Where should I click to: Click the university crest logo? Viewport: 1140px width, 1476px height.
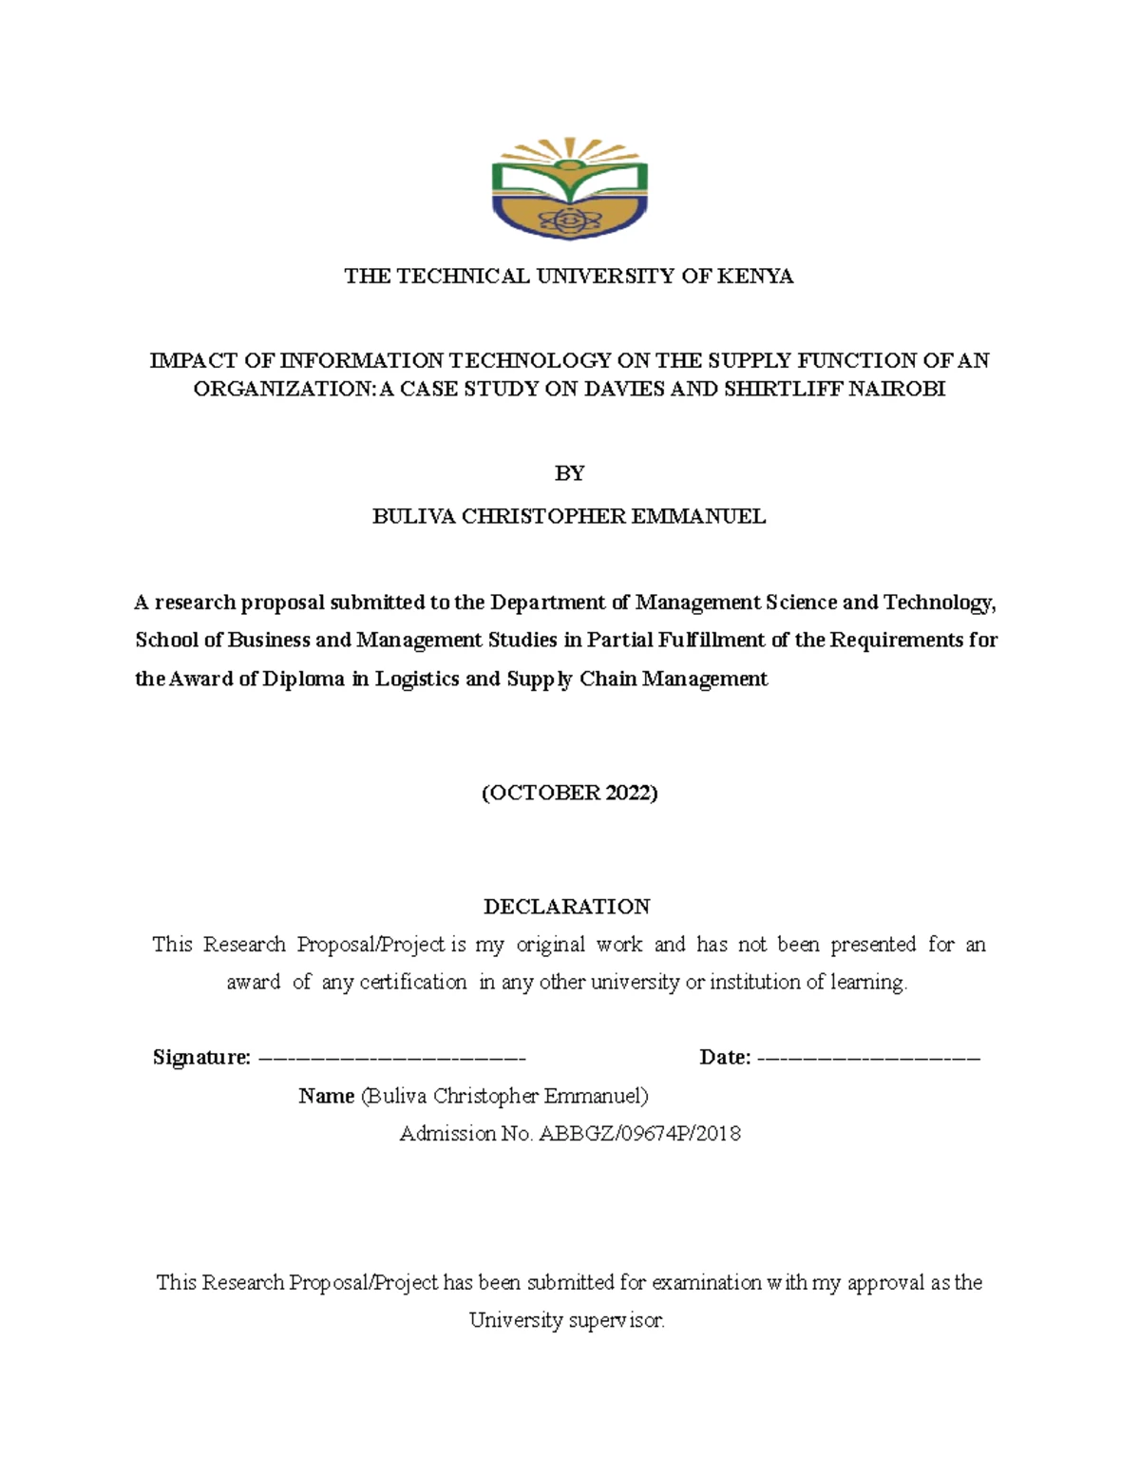click(569, 188)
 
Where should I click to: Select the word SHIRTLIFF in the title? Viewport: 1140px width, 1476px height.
click(779, 390)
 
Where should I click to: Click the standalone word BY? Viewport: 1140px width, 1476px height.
click(569, 473)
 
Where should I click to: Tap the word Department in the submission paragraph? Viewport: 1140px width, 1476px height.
click(547, 603)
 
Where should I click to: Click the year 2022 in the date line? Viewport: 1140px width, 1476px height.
click(627, 793)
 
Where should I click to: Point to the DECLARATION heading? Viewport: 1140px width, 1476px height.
click(567, 907)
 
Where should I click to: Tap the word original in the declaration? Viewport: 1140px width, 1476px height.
click(550, 945)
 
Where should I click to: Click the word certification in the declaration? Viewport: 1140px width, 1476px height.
click(413, 983)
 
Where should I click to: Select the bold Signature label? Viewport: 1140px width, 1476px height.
click(201, 1058)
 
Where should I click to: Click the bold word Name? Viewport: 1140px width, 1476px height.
click(326, 1096)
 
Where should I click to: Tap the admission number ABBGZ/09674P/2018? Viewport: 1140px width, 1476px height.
click(639, 1134)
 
